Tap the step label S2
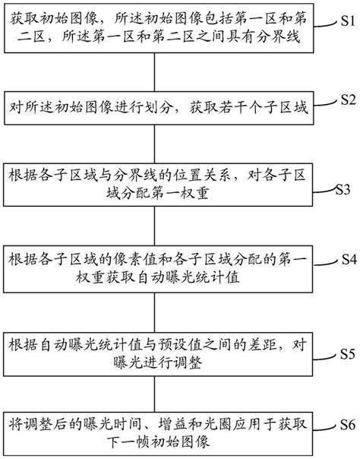(x=346, y=100)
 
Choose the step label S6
(x=346, y=424)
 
